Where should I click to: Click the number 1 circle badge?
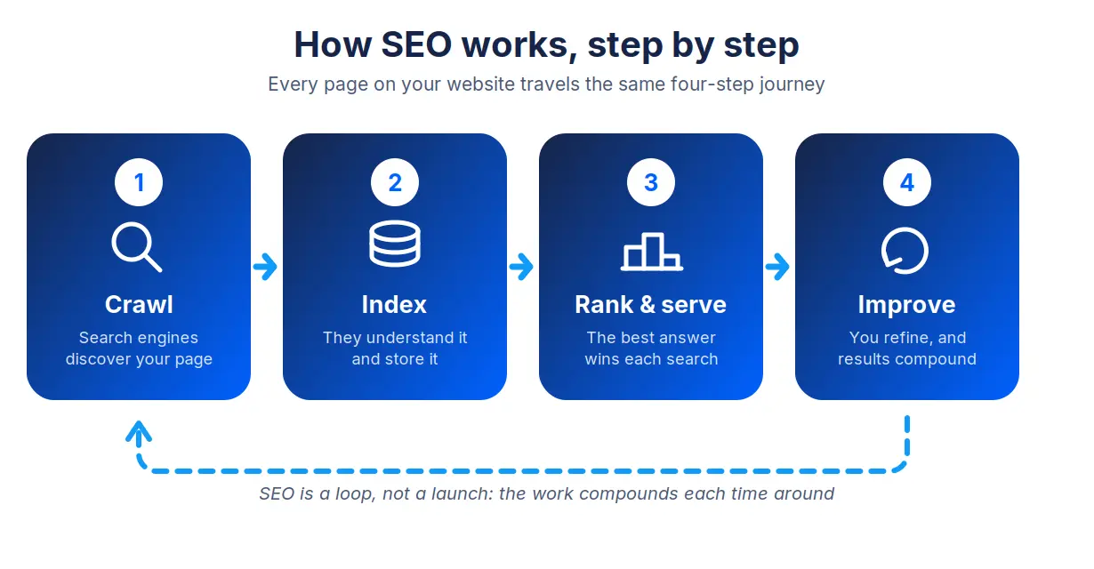[139, 182]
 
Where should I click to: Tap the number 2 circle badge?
[395, 182]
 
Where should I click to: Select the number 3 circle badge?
[651, 182]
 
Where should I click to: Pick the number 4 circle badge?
[907, 182]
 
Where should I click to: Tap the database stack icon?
[395, 244]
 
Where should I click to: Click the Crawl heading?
[139, 305]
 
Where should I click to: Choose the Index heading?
[394, 305]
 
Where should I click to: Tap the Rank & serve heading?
[650, 305]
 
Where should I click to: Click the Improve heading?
[906, 306]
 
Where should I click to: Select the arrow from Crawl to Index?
[265, 267]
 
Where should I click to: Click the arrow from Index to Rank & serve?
[521, 267]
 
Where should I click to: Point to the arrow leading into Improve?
[777, 267]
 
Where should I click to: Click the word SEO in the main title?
[416, 44]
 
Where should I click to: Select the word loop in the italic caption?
[355, 494]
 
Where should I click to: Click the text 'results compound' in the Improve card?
[907, 359]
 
